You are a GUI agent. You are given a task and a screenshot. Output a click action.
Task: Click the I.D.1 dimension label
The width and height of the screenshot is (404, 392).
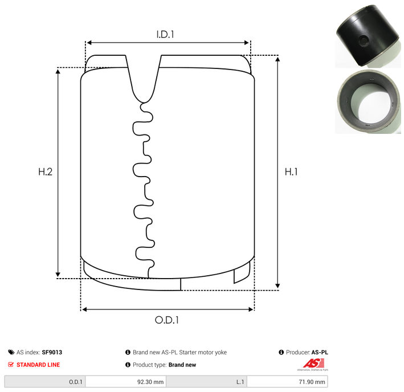click(165, 34)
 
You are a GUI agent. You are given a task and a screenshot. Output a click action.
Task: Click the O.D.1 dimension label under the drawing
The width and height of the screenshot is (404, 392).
click(167, 320)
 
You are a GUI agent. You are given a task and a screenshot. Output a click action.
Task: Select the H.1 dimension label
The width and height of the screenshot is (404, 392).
click(291, 172)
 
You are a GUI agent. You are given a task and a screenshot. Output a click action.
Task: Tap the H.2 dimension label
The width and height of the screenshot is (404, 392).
click(46, 172)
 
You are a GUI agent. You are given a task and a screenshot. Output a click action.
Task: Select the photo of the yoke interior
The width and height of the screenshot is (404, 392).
click(368, 101)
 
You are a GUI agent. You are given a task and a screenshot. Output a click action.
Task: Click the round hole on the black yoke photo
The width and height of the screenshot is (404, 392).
click(364, 40)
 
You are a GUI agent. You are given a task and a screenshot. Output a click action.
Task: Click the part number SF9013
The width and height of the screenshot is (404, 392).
click(52, 352)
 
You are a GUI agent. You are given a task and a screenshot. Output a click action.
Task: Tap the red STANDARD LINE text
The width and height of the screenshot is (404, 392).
click(38, 365)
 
